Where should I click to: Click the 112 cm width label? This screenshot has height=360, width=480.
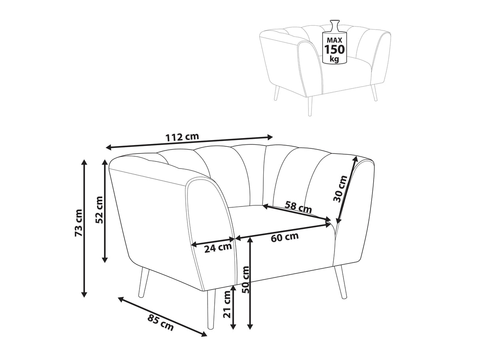tap(182, 137)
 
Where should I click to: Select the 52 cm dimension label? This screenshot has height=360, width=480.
tap(99, 210)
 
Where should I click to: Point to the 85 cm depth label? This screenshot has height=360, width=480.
tap(160, 322)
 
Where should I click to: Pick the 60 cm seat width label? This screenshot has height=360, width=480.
tap(285, 237)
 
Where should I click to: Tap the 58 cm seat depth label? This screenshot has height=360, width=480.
tap(298, 207)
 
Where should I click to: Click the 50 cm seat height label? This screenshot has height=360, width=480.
tap(246, 280)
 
